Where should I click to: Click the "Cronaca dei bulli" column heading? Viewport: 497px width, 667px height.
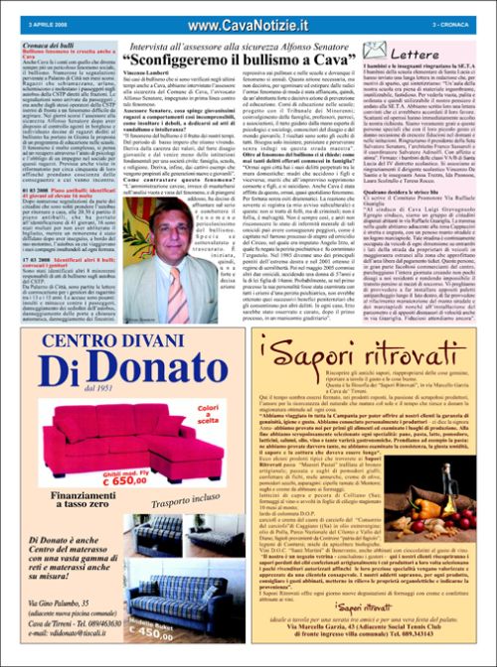[49, 48]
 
